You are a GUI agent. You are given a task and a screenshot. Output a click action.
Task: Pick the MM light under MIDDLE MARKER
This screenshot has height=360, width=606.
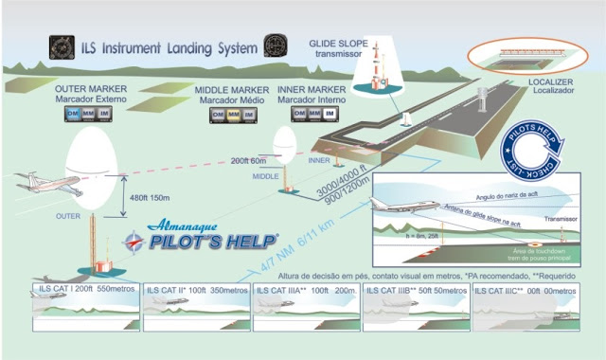coord(237,115)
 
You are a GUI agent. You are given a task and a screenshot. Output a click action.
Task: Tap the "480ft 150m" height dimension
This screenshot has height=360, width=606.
coord(149,198)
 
